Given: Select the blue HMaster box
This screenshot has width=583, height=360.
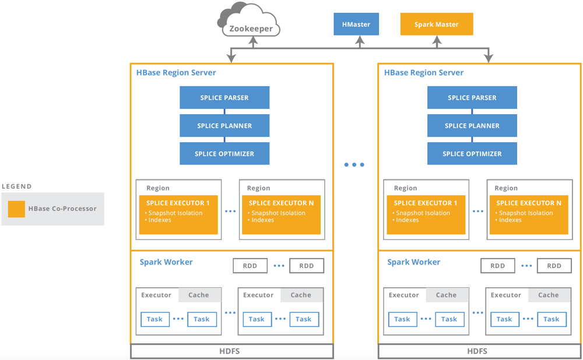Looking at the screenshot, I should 356,24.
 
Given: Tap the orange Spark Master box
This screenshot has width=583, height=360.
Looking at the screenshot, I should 436,24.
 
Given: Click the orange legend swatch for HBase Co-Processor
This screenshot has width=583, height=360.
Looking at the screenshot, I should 17,209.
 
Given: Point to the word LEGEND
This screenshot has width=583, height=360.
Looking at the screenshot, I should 17,186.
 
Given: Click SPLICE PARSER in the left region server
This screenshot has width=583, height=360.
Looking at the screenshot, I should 224,98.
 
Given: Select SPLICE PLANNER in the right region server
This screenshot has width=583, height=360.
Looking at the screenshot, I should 472,126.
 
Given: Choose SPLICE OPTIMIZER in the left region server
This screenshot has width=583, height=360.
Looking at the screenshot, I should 224,154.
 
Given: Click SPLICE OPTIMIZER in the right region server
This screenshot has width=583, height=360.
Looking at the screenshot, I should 472,154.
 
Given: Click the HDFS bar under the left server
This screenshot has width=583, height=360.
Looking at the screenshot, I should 231,351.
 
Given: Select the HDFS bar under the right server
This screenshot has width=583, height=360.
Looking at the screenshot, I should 478,351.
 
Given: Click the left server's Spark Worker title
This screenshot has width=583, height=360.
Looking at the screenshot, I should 166,262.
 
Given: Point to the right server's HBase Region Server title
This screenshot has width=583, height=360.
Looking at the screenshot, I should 424,73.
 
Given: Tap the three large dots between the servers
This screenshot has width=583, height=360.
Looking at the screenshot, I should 354,165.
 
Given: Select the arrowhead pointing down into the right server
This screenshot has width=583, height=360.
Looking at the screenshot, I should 488,58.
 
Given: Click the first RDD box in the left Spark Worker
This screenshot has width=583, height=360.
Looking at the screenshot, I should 250,266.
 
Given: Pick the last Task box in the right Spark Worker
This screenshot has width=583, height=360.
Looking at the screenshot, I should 551,319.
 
